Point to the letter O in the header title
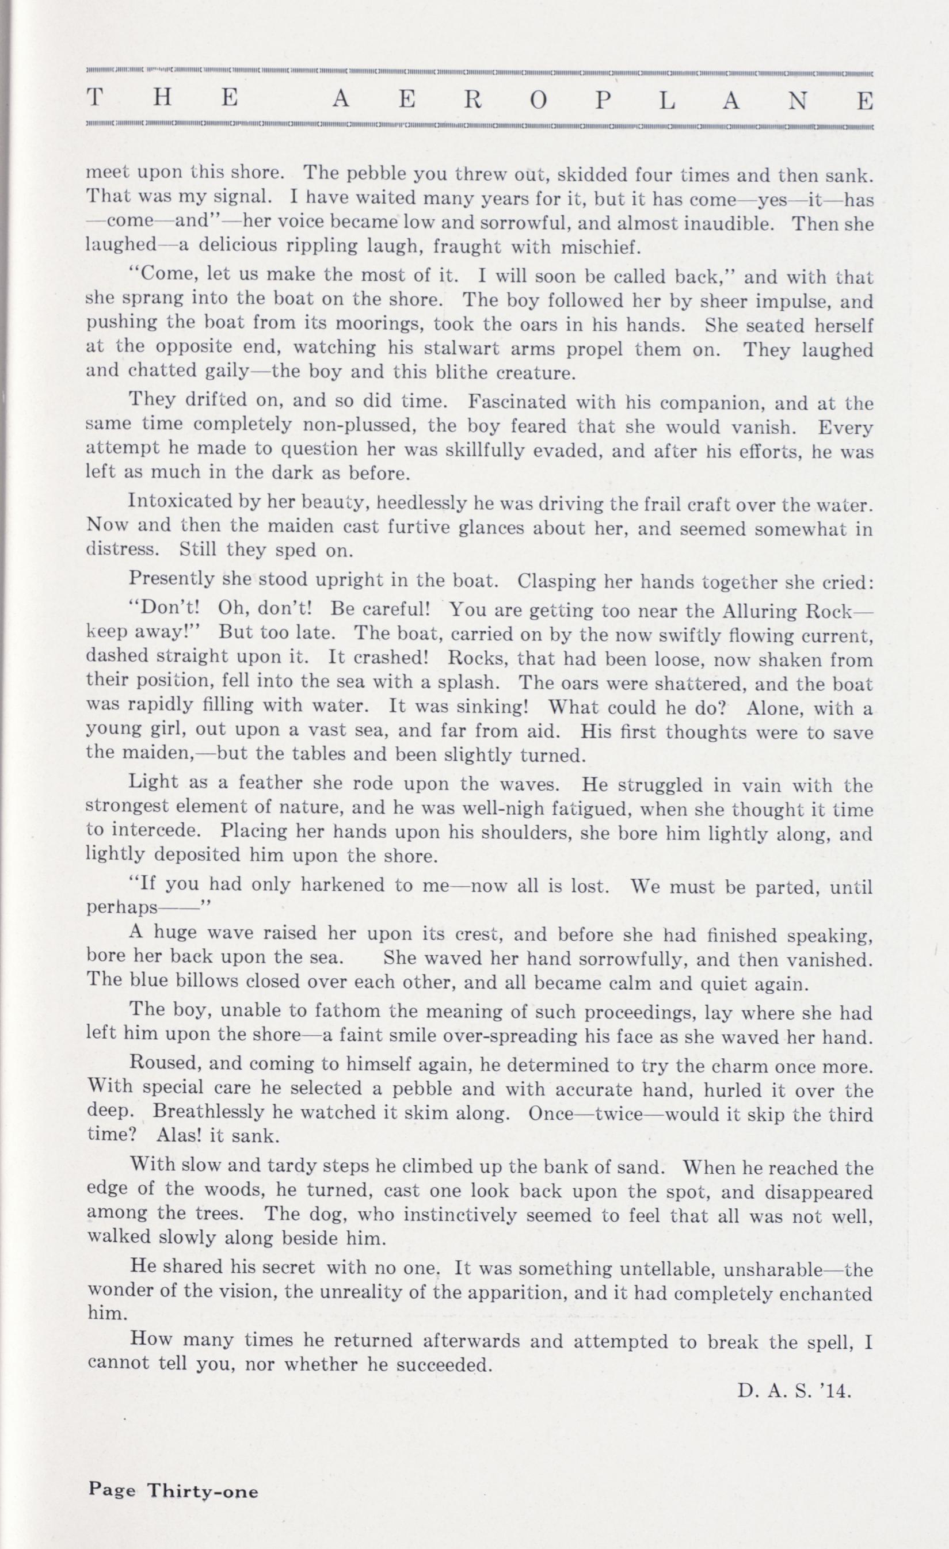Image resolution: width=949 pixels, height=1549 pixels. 538,101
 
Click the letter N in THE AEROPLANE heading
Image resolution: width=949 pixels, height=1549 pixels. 797,101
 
